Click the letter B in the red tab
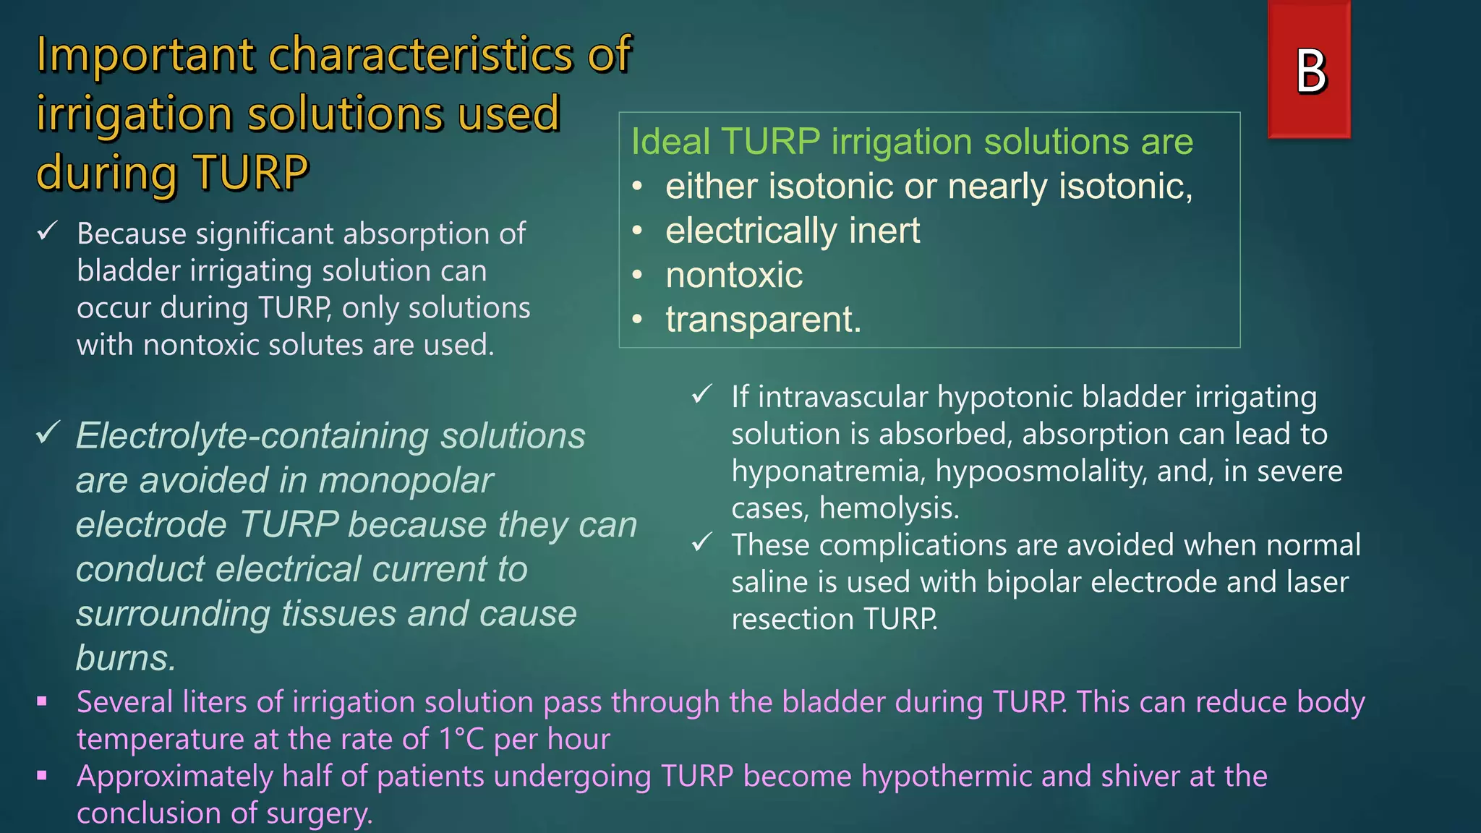click(1310, 72)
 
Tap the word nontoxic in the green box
click(733, 275)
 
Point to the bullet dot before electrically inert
click(637, 231)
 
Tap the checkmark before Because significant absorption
click(48, 231)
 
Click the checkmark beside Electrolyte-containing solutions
click(48, 433)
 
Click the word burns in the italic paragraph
click(124, 658)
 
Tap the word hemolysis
click(888, 508)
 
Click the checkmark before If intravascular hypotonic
click(702, 395)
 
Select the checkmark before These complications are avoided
click(702, 542)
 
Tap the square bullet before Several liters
click(42, 701)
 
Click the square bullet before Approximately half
click(42, 775)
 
